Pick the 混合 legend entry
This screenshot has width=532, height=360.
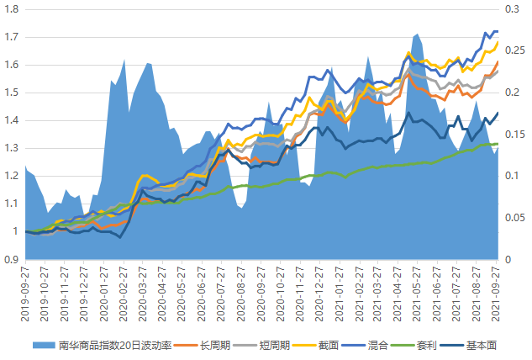pos(378,346)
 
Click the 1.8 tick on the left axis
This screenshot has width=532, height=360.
pos(11,9)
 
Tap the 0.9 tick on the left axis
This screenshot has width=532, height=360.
pos(11,259)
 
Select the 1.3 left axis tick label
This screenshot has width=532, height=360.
pos(11,148)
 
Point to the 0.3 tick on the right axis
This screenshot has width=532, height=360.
pos(512,9)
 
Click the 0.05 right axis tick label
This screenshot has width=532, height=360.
pos(515,218)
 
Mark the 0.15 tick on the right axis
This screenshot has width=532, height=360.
pos(515,135)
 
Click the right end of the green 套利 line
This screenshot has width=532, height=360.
pos(498,144)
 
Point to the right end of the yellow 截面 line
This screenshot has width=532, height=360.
pos(498,42)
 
